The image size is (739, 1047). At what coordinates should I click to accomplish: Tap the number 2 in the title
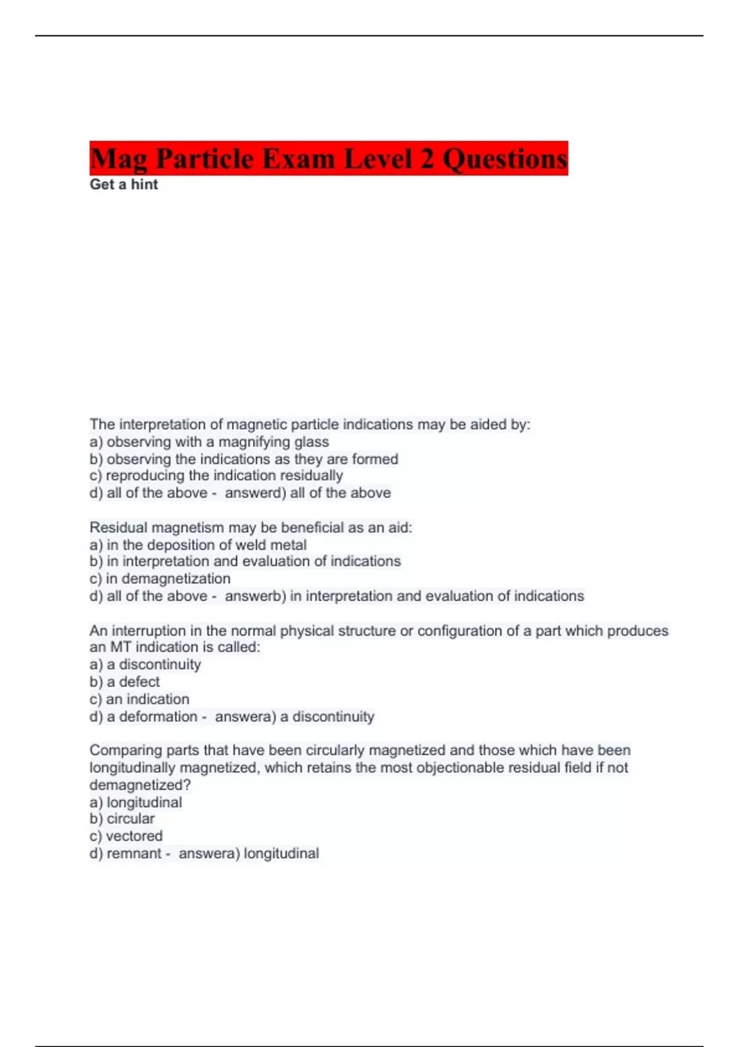427,159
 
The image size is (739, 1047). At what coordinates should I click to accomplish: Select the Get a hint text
124,185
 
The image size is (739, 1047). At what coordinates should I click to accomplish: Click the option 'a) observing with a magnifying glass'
209,442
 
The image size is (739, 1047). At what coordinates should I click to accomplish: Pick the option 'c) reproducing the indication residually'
216,475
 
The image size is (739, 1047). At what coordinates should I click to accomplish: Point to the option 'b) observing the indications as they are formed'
244,459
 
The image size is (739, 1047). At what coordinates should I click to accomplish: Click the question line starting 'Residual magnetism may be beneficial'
251,527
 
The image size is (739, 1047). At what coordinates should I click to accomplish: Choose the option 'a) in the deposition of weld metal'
198,544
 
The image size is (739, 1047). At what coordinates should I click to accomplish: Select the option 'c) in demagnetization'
160,578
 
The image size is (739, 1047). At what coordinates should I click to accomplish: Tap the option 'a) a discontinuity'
145,665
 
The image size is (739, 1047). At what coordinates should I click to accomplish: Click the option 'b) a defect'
124,682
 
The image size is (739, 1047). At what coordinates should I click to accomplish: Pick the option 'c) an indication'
140,699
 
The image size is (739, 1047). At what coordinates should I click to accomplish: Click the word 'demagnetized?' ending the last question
140,785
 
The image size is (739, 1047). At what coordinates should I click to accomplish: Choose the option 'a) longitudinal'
135,802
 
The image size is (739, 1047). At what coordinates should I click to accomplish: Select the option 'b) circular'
122,819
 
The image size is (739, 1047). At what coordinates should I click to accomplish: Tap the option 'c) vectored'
126,836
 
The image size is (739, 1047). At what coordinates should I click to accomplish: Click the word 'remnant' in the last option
134,853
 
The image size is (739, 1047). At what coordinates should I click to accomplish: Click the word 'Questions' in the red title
505,159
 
